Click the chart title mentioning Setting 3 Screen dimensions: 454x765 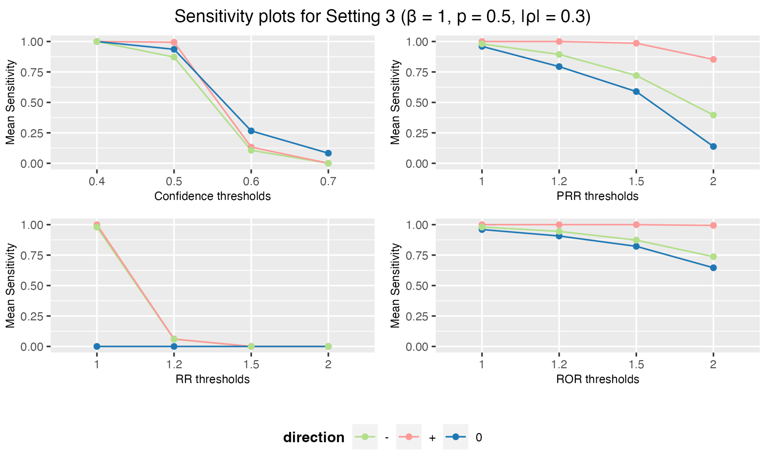382,16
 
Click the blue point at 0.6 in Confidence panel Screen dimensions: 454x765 251,131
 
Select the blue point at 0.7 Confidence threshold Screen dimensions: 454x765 328,153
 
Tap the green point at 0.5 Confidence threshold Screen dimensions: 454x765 174,57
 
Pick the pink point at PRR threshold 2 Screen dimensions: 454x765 713,59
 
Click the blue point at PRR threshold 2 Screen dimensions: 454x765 713,147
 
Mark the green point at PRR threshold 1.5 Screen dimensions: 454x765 636,76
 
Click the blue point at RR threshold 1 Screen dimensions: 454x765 97,346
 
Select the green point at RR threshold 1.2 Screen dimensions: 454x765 174,339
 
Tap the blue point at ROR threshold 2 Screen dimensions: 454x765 713,268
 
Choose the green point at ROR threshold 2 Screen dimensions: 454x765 713,257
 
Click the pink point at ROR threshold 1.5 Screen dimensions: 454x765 636,225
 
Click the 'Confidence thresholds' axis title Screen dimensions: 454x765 212,196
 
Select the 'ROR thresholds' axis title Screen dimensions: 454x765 597,379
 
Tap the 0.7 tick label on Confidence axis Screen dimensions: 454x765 328,182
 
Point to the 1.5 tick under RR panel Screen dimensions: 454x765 251,365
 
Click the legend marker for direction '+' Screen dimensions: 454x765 408,437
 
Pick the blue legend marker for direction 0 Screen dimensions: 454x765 455,437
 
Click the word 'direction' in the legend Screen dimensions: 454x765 314,438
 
